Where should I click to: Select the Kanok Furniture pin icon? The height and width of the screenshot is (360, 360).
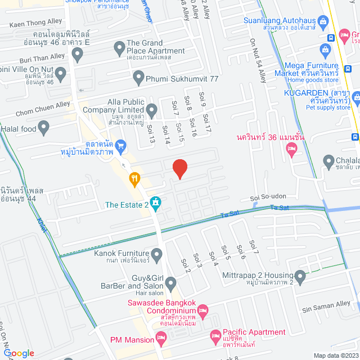[x=157, y=255]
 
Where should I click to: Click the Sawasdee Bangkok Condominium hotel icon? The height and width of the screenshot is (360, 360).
[x=203, y=310]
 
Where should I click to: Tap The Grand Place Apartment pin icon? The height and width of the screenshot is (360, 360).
[x=119, y=49]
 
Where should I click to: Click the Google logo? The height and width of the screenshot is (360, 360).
[x=19, y=353]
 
